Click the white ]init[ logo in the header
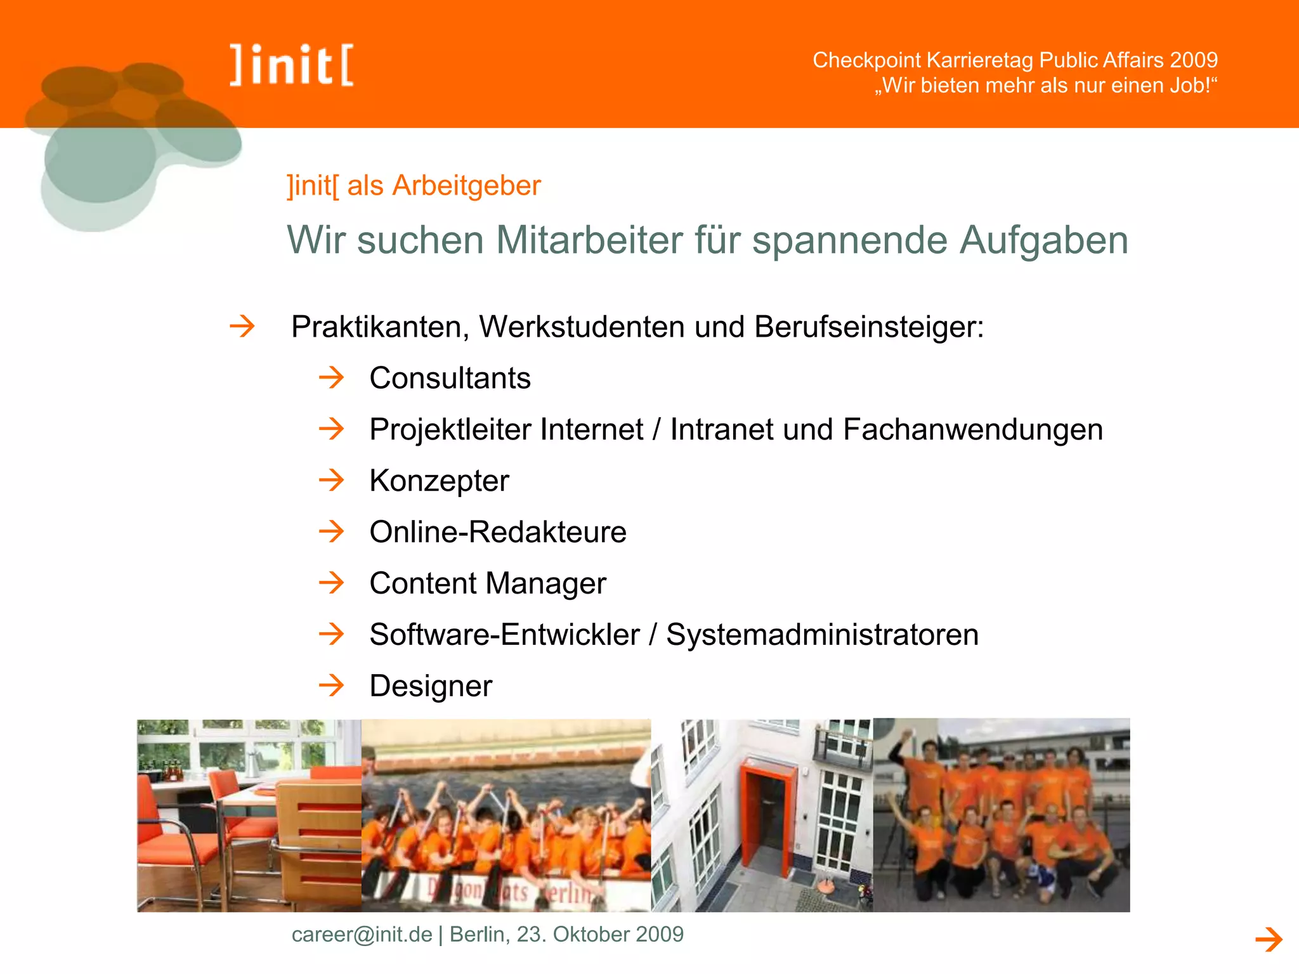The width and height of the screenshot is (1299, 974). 292,65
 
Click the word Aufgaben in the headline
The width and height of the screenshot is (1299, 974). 1043,241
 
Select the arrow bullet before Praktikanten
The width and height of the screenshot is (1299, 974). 242,327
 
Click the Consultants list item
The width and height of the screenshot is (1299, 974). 450,379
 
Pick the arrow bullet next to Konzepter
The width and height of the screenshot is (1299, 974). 331,480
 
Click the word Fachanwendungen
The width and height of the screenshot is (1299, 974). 973,430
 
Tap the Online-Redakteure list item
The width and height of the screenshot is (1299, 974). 498,532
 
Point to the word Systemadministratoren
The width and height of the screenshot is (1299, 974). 822,635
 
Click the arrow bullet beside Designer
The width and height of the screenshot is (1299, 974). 331,685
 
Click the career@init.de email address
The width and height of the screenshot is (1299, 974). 362,934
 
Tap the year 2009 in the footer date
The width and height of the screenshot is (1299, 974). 660,934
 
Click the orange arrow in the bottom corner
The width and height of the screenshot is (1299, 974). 1269,939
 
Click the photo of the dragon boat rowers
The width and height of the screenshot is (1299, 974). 506,815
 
